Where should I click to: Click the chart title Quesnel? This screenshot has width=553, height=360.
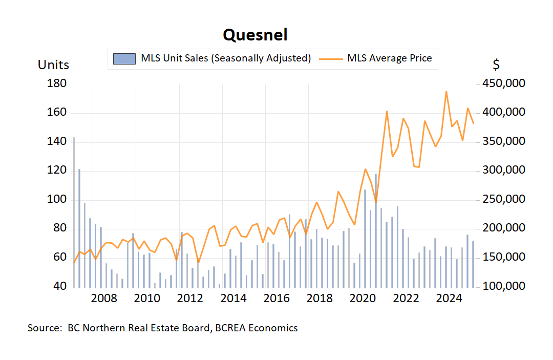255,35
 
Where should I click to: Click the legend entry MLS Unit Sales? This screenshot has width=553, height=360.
226,58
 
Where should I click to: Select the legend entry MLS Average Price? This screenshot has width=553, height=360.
389,58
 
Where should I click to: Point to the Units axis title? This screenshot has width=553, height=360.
53,65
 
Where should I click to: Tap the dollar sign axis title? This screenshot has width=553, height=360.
496,65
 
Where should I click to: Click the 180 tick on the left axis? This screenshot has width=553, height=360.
56,83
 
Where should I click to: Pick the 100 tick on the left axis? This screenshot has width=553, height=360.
56,199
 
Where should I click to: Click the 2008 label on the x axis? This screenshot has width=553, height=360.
103,299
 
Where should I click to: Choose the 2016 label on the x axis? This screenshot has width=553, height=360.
277,299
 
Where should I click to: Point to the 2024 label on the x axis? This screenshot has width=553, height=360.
451,299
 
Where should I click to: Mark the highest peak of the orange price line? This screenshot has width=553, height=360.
446,92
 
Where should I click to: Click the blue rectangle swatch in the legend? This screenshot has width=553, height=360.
124,58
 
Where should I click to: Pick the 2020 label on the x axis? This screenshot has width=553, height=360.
364,299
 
